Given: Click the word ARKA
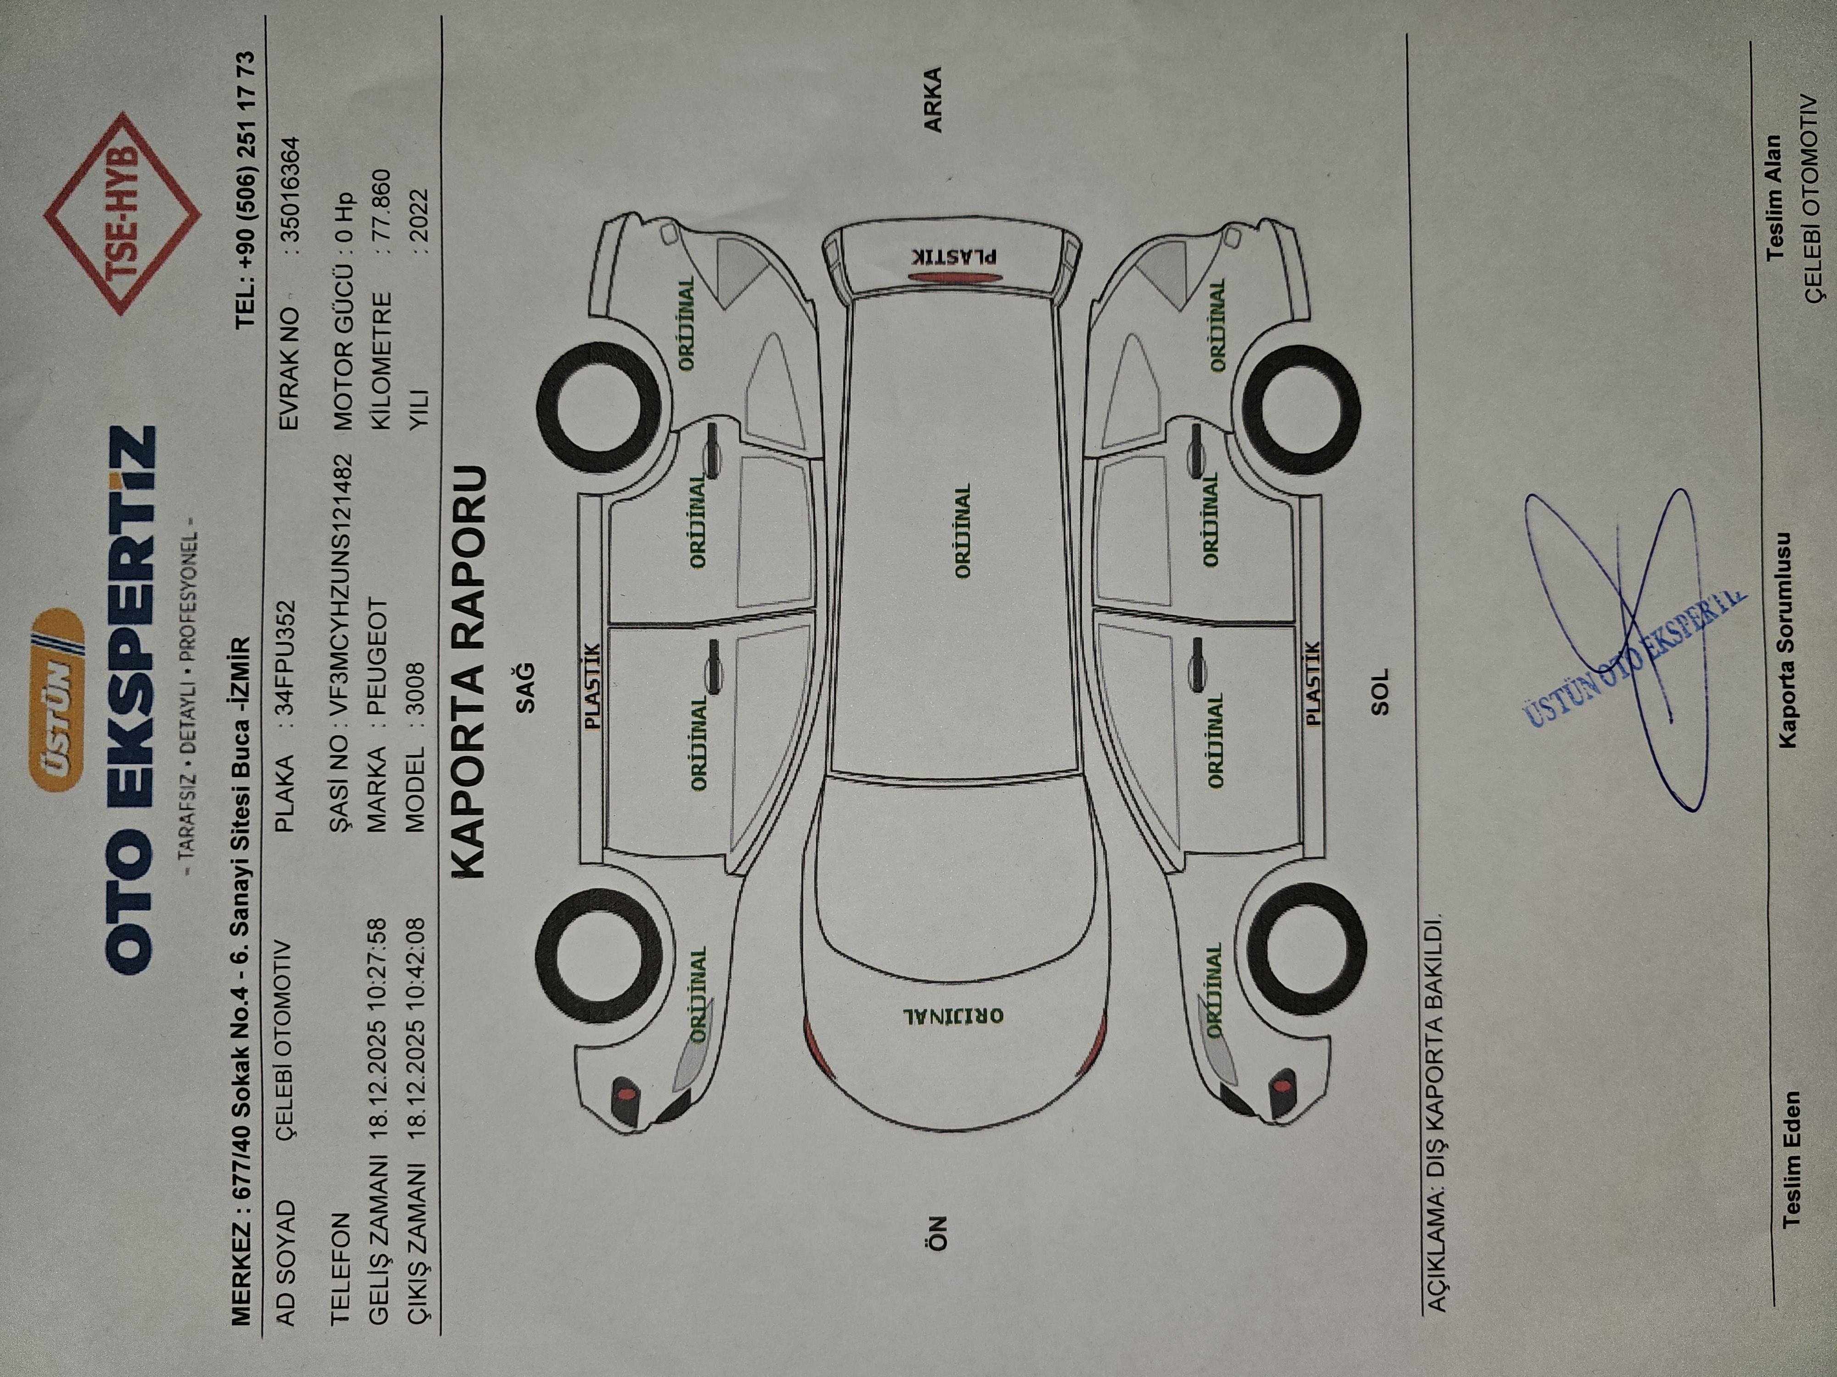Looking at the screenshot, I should (934, 100).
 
